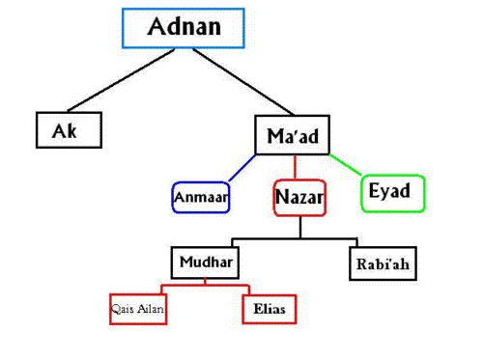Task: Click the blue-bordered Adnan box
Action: (x=184, y=28)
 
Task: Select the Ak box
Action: (x=69, y=130)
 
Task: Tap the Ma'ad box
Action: (x=293, y=135)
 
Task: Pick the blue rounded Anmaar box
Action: (x=201, y=197)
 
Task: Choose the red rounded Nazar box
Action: (x=299, y=198)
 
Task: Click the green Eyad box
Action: (x=393, y=193)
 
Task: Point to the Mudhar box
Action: (x=205, y=263)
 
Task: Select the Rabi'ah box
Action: (x=384, y=263)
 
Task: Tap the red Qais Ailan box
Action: (x=138, y=309)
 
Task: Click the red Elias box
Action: (x=270, y=309)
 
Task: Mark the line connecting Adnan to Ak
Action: (x=121, y=80)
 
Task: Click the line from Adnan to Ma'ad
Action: (x=243, y=82)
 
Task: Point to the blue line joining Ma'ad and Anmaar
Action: (x=242, y=168)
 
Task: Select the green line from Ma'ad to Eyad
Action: (x=346, y=165)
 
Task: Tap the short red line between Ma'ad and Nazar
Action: (x=295, y=167)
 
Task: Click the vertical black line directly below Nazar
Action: (x=300, y=227)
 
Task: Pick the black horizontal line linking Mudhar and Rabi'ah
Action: (x=295, y=239)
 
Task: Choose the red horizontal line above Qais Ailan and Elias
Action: (x=205, y=285)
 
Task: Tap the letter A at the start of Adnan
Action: (x=156, y=26)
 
